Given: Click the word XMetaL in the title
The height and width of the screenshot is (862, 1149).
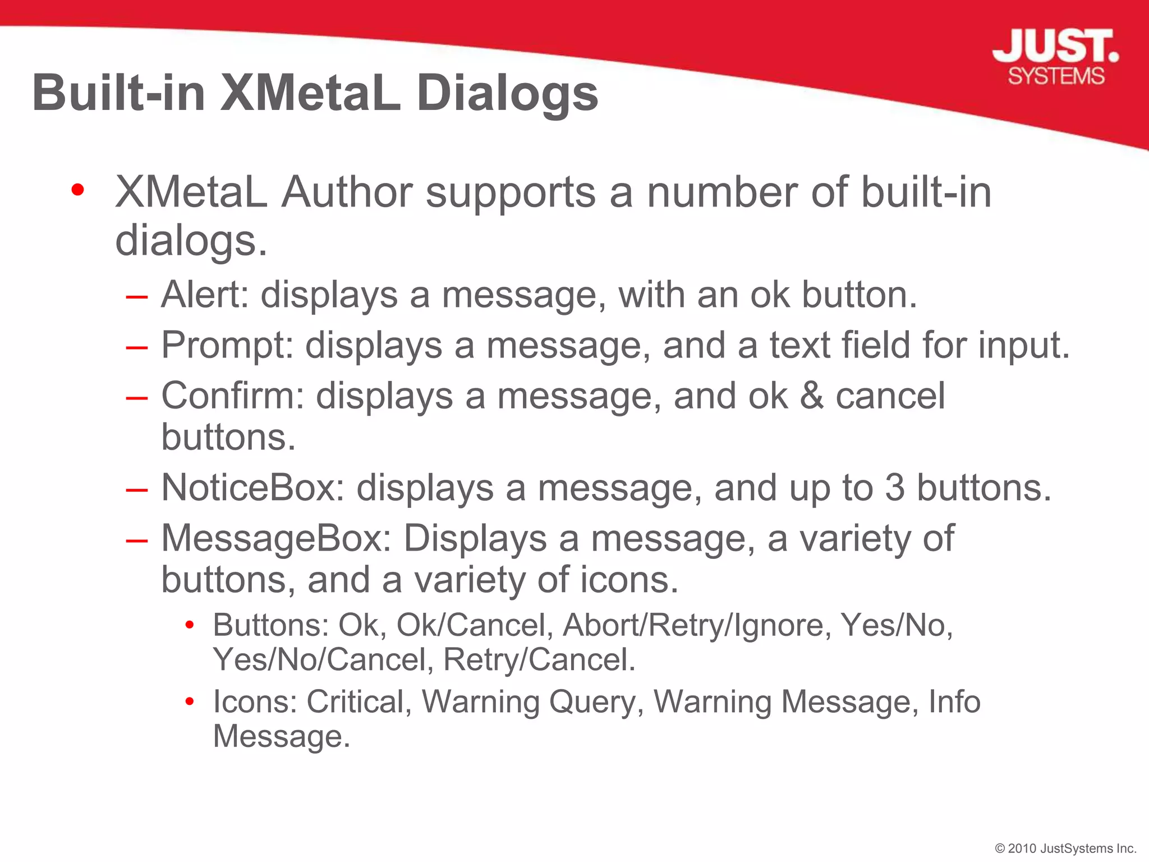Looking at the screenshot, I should [x=310, y=93].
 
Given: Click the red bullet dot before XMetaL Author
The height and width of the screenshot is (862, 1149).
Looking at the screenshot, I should [x=78, y=190].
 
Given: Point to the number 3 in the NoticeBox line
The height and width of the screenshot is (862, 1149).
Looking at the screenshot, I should [x=895, y=487].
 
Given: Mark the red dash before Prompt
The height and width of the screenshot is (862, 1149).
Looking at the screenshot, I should [x=137, y=347].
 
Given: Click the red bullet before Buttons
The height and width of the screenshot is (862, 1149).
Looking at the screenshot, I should [x=190, y=625].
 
